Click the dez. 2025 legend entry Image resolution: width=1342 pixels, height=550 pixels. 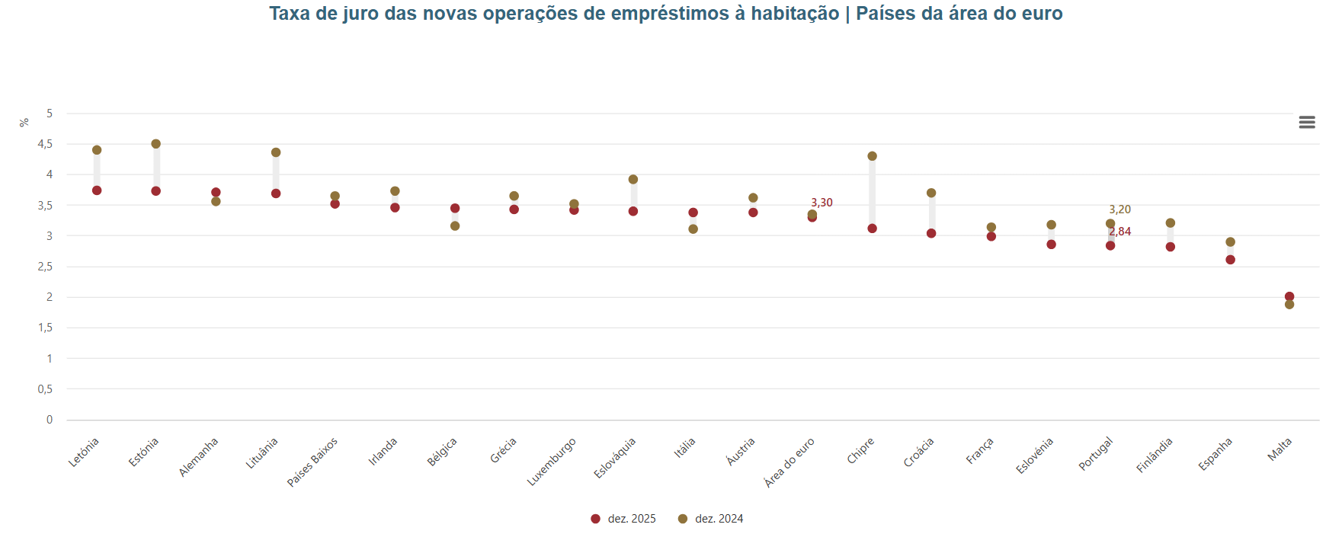(x=623, y=519)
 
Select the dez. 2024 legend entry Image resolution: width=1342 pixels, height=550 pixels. (x=710, y=519)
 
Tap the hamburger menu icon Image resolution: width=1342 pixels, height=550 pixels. (x=1307, y=122)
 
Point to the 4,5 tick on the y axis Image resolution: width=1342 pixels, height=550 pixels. (x=45, y=144)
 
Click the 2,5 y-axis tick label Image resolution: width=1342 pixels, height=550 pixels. (x=45, y=267)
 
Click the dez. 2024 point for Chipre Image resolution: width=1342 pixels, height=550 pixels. (x=872, y=156)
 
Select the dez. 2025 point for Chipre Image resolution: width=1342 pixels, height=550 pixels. (x=872, y=229)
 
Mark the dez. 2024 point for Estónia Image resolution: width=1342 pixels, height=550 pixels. (x=156, y=144)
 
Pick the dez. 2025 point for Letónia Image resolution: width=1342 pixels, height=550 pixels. (x=97, y=190)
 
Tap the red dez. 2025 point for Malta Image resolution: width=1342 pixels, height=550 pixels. (x=1289, y=296)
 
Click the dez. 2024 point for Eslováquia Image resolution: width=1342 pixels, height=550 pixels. (x=633, y=180)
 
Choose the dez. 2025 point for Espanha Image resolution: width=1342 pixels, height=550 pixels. (x=1230, y=260)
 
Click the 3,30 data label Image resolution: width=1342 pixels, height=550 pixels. (x=822, y=203)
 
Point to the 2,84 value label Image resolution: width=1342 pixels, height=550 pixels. (x=1120, y=232)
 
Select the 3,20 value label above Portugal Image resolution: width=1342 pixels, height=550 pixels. (x=1119, y=209)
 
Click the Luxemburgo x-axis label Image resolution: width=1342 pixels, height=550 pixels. (x=552, y=462)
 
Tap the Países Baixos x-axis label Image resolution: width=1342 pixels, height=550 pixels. (x=312, y=462)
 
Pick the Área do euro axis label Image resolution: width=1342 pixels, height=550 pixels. (x=790, y=462)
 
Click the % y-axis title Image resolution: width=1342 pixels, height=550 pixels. (x=24, y=122)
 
